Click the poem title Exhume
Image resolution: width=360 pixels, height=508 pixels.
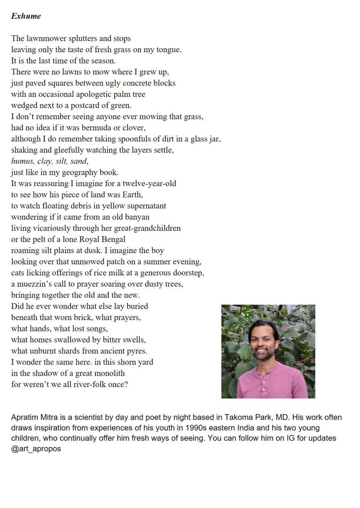(26, 16)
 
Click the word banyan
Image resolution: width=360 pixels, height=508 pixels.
(135, 217)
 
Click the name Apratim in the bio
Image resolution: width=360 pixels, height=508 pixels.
(26, 418)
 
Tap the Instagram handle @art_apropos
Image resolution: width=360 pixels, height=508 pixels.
(36, 449)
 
